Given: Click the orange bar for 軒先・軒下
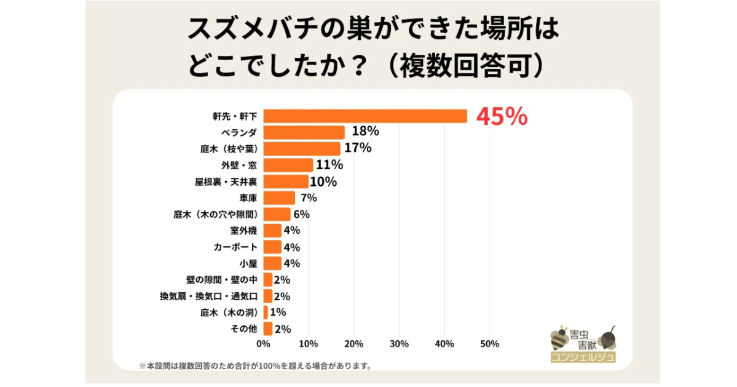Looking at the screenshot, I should (365, 116).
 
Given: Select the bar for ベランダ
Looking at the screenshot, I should (304, 132).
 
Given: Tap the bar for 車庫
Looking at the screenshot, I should (279, 197).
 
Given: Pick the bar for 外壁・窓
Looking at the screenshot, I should (288, 165).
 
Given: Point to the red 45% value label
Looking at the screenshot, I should (502, 117).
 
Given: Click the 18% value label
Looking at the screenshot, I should (365, 132).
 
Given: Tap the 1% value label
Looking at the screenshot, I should (278, 312).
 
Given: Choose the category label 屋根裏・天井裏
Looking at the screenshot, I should (225, 182).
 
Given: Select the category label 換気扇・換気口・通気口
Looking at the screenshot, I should (208, 296).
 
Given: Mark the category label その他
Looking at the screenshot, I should (243, 329).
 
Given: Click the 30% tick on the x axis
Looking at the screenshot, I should (399, 344).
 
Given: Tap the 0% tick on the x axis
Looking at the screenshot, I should (263, 344).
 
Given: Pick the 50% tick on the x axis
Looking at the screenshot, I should (489, 344).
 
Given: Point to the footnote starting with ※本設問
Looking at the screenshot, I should (255, 366).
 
